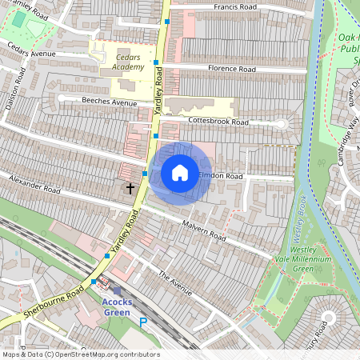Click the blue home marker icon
pos(180,172)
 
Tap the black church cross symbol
pos(130,189)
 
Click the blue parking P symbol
pos(144,322)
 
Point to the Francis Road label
pos(235,6)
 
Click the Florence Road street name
pos(231,70)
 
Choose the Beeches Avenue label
pos(110,102)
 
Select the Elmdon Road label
pos(220,175)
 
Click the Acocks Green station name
pos(118,307)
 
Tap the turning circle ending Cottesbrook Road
pos(281,123)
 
